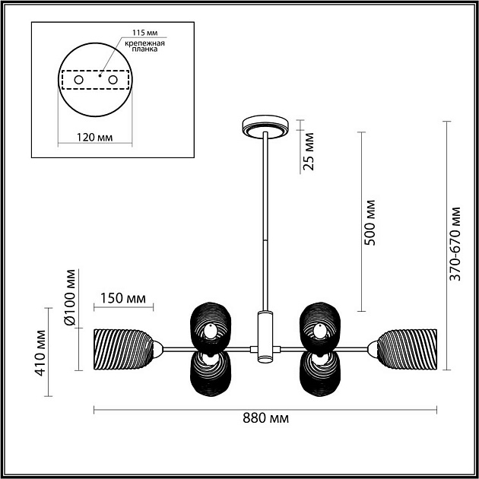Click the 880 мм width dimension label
(265, 418)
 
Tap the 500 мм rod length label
(370, 223)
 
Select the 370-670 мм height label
(455, 244)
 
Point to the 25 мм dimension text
(308, 151)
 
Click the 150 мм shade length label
(123, 298)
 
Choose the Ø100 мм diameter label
(70, 297)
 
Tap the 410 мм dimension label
(40, 353)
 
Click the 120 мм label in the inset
(94, 137)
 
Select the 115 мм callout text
(144, 33)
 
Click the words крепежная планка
(144, 46)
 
